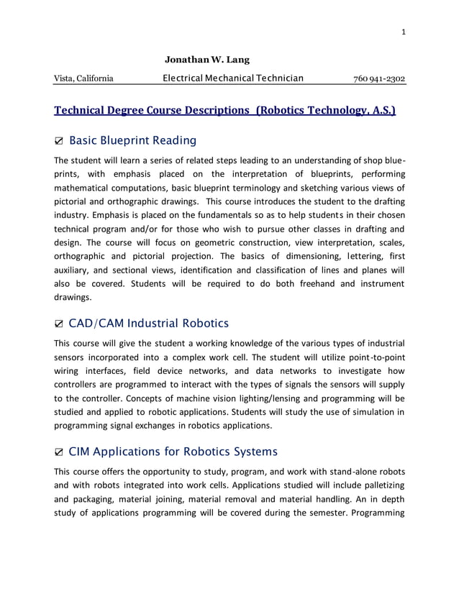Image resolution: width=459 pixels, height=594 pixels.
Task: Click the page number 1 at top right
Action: [404, 31]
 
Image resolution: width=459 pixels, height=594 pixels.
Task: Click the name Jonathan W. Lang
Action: [207, 59]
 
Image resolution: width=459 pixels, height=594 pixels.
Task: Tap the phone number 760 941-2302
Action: [379, 78]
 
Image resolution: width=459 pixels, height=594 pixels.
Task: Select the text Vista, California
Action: [83, 78]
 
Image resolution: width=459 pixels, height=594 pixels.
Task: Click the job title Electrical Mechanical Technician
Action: [233, 78]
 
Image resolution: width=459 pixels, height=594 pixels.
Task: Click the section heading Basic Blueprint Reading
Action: [132, 140]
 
